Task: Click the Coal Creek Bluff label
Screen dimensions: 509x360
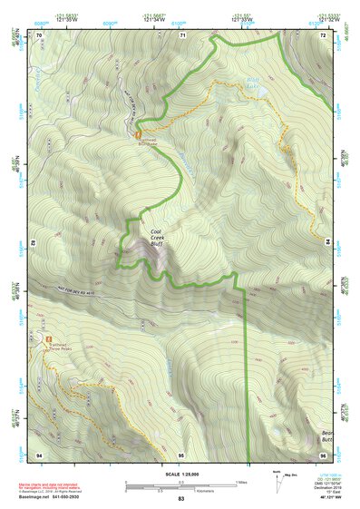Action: [161, 238]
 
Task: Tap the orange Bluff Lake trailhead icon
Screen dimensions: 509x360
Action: [138, 135]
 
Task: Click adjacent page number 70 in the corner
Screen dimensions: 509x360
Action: [39, 34]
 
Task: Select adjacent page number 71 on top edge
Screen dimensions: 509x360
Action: [182, 34]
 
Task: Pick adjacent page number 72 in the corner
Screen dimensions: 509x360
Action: [324, 34]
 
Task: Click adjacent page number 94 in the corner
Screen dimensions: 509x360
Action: [39, 453]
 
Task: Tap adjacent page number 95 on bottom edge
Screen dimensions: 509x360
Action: [181, 453]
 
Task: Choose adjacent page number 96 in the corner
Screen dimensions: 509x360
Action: [324, 453]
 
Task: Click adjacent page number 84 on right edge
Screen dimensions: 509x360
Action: [326, 243]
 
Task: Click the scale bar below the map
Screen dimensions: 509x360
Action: [180, 483]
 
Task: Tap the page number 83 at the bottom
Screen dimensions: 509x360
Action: [180, 498]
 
